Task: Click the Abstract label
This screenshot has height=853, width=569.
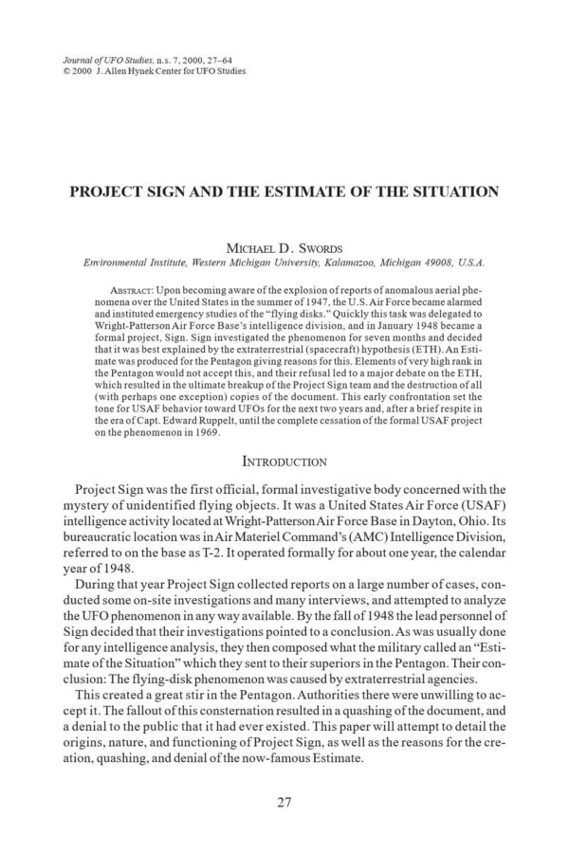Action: pyautogui.click(x=131, y=284)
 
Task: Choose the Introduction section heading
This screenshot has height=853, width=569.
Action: pyautogui.click(x=284, y=463)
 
